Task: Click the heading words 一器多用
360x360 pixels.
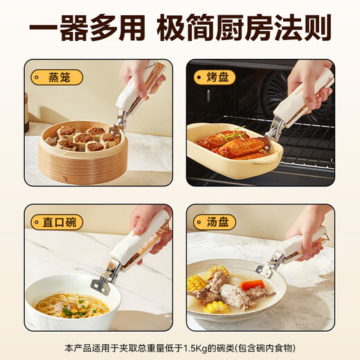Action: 87,28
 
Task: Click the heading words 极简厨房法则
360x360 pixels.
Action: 252,28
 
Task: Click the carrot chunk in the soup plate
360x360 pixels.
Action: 253,285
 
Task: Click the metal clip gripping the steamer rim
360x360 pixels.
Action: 116,125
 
